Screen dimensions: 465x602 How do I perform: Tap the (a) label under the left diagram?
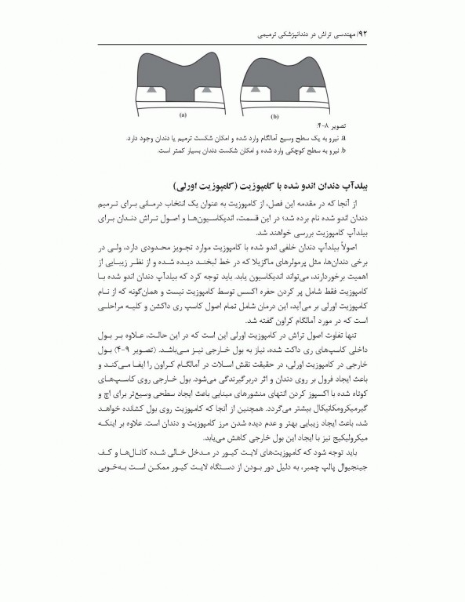click(x=183, y=114)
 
